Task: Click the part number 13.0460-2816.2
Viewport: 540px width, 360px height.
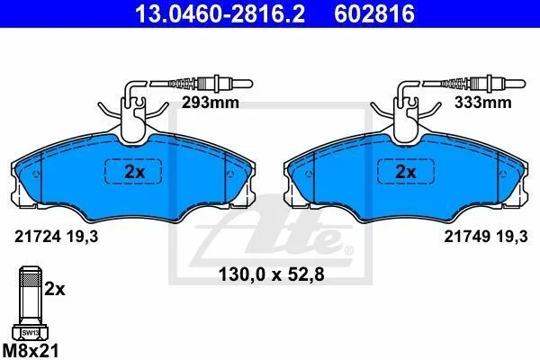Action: (220, 13)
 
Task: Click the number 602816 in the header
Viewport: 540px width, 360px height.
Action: (374, 13)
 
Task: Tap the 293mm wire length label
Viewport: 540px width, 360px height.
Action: (211, 103)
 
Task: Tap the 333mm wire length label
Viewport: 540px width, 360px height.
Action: (482, 103)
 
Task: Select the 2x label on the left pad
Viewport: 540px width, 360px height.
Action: (134, 172)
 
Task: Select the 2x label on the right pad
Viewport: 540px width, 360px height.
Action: (406, 172)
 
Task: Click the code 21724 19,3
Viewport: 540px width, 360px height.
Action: (56, 237)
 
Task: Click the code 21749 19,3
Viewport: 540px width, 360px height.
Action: (486, 237)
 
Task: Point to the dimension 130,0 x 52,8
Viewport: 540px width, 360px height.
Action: (272, 274)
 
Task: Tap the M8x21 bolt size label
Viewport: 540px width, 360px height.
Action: (30, 351)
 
